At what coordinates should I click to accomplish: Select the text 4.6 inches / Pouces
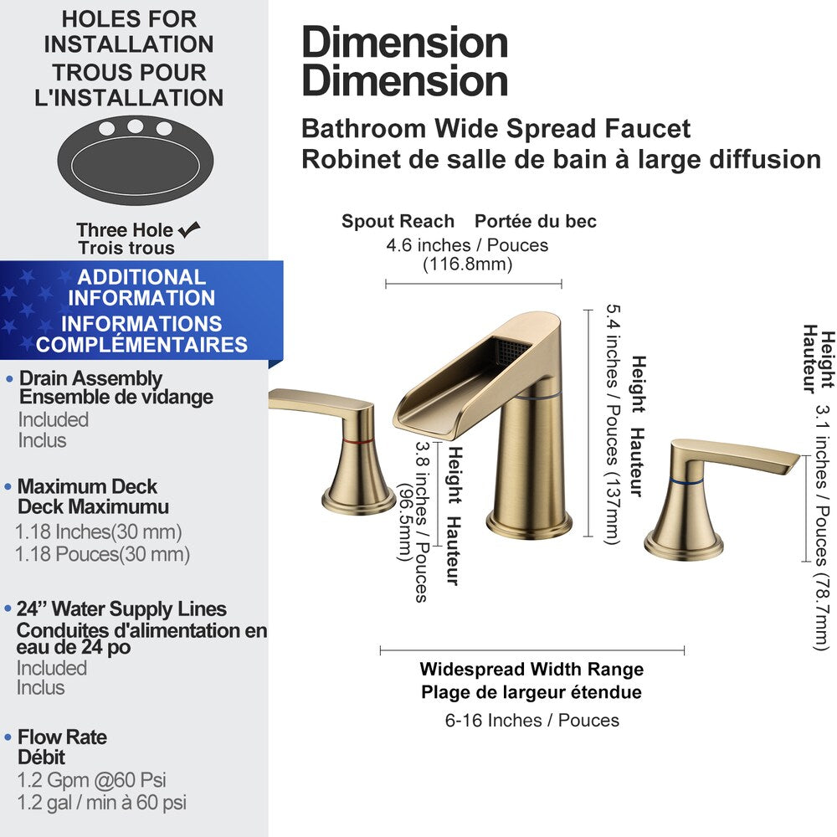click(x=467, y=245)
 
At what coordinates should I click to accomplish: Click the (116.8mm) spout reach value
click(x=467, y=264)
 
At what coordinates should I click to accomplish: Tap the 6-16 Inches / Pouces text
click(x=532, y=720)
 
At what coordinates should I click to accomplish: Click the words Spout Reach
click(x=398, y=222)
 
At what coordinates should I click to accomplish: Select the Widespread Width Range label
click(x=532, y=670)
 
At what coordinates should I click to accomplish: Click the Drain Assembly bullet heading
click(x=90, y=379)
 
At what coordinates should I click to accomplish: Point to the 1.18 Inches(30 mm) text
click(x=99, y=531)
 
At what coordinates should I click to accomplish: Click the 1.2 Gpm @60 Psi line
click(x=92, y=781)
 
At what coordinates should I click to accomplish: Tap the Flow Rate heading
click(x=63, y=737)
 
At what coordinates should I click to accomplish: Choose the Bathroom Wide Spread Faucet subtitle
click(x=496, y=129)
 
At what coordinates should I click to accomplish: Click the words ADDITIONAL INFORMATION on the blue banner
click(x=141, y=287)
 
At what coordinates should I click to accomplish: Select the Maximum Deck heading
click(x=87, y=486)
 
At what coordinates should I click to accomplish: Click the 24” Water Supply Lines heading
click(x=121, y=609)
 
